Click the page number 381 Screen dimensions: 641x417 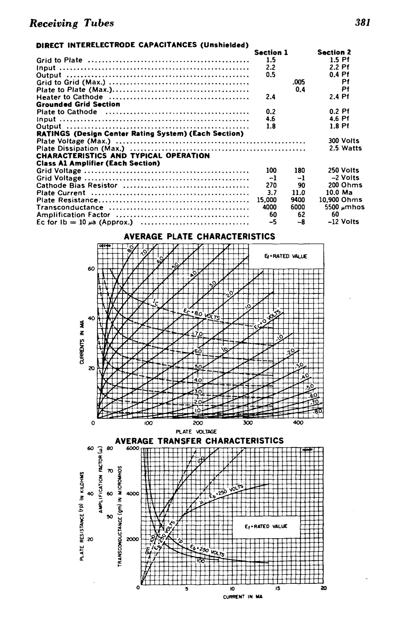click(362, 22)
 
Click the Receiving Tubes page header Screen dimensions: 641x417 click(71, 23)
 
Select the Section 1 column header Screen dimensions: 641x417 click(271, 53)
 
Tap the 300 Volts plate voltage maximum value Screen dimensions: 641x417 click(344, 141)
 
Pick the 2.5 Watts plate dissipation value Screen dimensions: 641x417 click(346, 148)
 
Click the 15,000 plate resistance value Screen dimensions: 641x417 click(267, 200)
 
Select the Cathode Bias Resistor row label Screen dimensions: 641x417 click(77, 186)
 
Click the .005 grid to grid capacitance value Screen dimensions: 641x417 click(298, 82)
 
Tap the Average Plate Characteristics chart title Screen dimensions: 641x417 click(199, 237)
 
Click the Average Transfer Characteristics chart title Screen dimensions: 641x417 click(199, 441)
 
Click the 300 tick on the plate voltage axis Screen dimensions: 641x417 click(248, 423)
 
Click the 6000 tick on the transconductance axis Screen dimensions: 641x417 click(132, 448)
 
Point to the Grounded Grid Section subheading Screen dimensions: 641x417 click(78, 104)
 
